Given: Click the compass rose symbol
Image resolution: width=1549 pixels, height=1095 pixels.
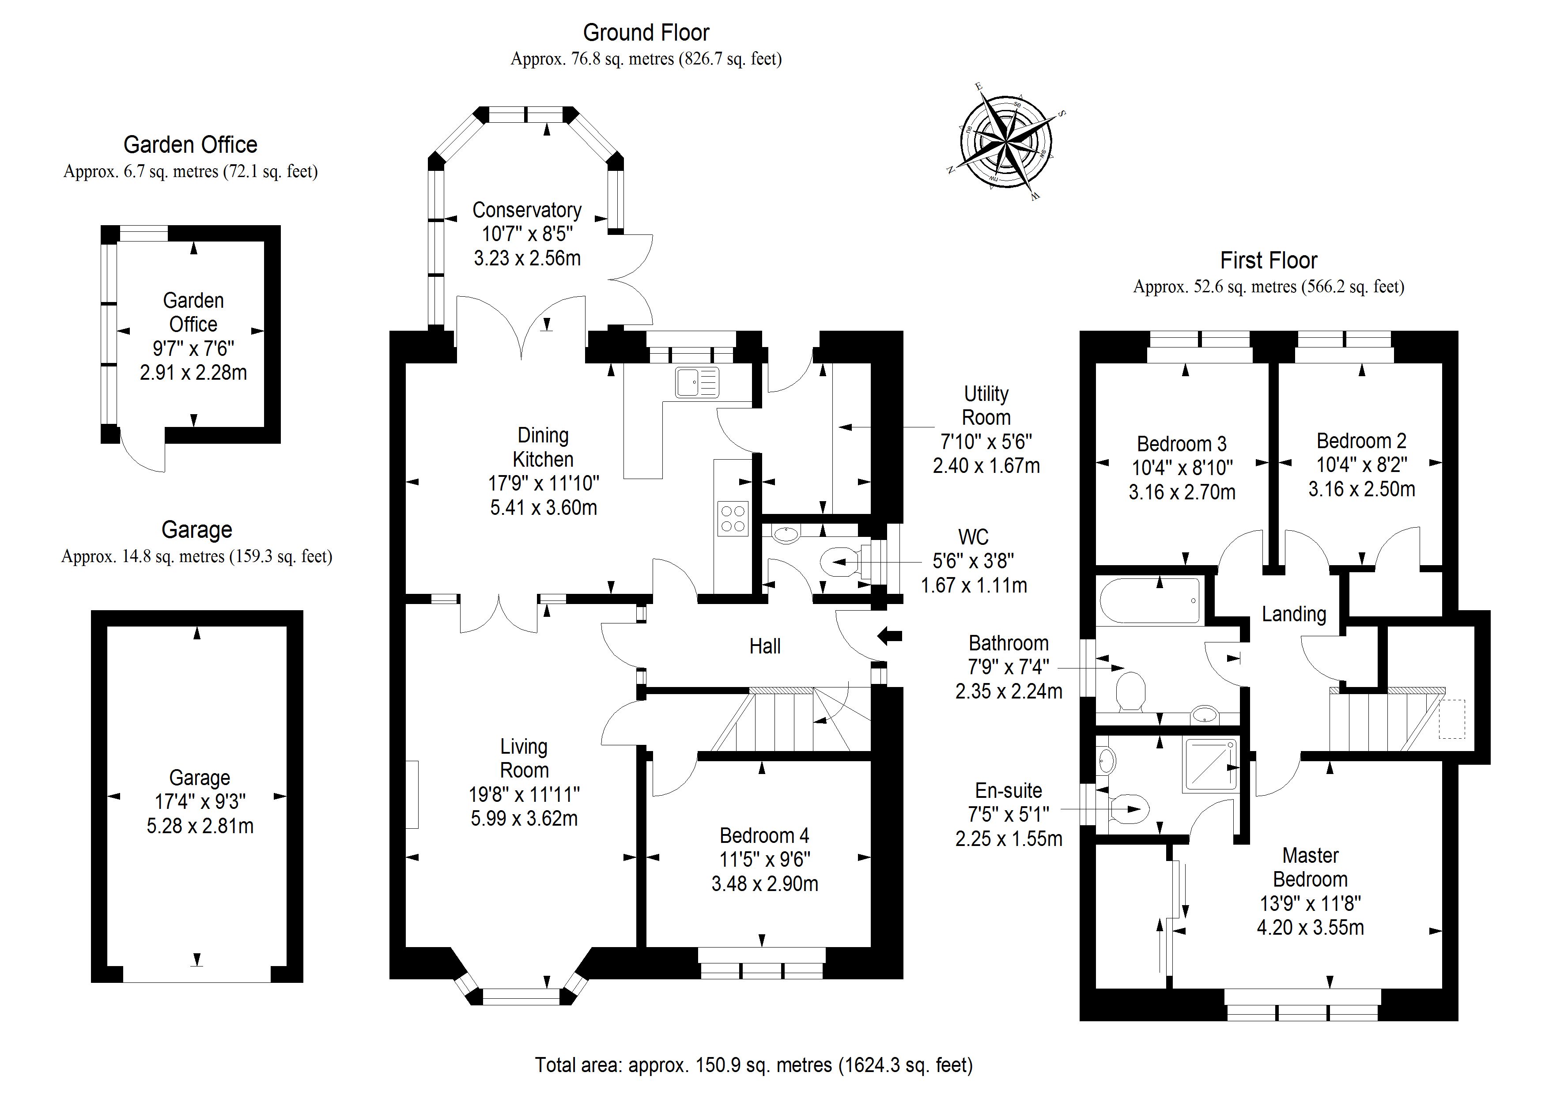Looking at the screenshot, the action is point(1005,143).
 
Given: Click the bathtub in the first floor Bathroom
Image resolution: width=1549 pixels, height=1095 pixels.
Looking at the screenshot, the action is point(1149,600).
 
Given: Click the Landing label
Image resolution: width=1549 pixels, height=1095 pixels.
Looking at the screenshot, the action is point(1293,614).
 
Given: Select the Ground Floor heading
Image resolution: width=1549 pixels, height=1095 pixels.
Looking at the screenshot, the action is point(646,32).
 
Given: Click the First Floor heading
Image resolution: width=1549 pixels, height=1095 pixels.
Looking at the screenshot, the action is point(1268,261).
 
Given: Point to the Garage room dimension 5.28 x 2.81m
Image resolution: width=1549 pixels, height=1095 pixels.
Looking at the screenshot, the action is point(200,826).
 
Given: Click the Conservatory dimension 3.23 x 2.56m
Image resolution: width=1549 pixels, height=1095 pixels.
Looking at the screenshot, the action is point(527,258).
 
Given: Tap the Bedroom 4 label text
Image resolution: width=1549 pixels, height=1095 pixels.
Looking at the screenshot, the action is point(764,836).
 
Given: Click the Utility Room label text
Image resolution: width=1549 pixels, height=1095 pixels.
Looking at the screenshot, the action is point(986,405).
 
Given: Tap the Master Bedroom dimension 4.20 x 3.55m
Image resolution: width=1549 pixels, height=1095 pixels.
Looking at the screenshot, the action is point(1310,928).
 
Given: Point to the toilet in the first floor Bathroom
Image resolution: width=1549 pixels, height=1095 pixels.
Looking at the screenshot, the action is point(1131,691).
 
